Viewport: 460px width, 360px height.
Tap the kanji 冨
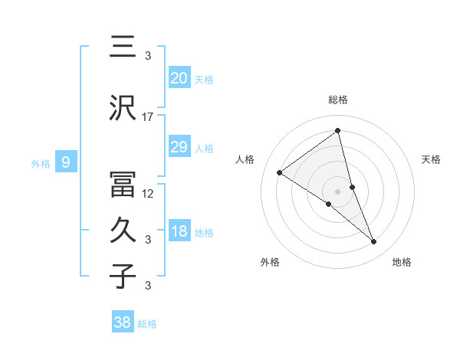pyautogui.click(x=123, y=184)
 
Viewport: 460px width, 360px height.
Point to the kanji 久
pyautogui.click(x=123, y=229)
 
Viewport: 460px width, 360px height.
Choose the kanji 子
pyautogui.click(x=123, y=276)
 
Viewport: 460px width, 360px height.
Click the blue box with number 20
pyautogui.click(x=179, y=78)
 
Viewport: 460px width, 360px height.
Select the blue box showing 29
pyautogui.click(x=179, y=147)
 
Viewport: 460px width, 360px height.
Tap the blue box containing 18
pyautogui.click(x=179, y=232)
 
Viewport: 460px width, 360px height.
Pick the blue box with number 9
pyautogui.click(x=66, y=162)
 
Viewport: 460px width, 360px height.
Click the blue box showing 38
pyautogui.click(x=123, y=322)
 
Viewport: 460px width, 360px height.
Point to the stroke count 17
pyautogui.click(x=148, y=116)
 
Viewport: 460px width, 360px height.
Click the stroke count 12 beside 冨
pyautogui.click(x=148, y=193)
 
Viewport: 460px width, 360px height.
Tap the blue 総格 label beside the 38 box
pyautogui.click(x=147, y=324)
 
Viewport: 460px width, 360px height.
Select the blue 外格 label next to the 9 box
pyautogui.click(x=41, y=163)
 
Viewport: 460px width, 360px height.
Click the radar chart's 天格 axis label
pyautogui.click(x=432, y=159)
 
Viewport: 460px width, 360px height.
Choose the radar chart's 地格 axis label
pyautogui.click(x=402, y=262)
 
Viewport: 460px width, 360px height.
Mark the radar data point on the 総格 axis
pyautogui.click(x=337, y=130)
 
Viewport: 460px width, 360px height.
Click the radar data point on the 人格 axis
pyautogui.click(x=280, y=172)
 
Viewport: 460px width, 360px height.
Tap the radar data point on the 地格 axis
pyautogui.click(x=374, y=241)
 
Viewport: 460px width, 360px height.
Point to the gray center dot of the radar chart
pyautogui.click(x=337, y=191)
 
